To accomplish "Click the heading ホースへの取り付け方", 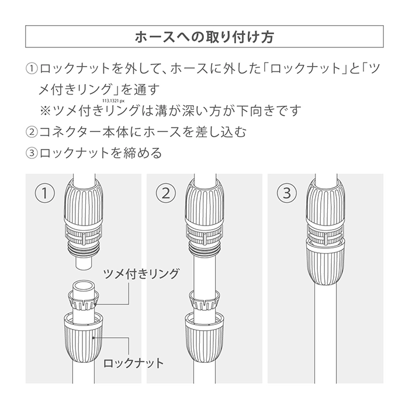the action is (x=204, y=37).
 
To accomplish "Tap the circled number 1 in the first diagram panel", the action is (x=45, y=193).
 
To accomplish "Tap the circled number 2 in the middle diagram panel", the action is (x=166, y=193).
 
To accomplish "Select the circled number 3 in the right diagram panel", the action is (x=287, y=193).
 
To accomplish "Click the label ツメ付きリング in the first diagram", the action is (x=141, y=274).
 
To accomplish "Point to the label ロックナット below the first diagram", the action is (x=133, y=363).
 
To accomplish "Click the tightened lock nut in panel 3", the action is (x=325, y=263).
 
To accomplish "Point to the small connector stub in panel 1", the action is (x=84, y=263).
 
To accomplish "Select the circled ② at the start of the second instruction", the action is (x=32, y=131).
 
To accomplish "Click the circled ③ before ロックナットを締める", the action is (x=32, y=153).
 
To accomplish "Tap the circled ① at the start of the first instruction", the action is (x=32, y=68).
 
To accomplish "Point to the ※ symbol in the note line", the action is (x=45, y=110).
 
